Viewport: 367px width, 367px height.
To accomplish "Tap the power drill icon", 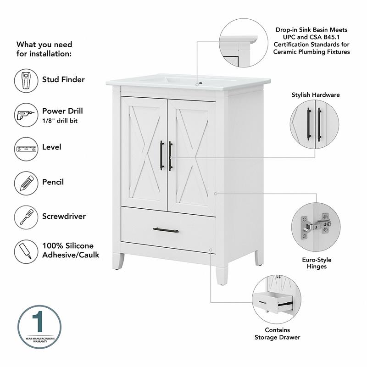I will (x=26, y=115).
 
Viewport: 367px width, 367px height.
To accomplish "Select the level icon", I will (x=26, y=149).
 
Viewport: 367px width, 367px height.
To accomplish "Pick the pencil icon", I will (x=26, y=183).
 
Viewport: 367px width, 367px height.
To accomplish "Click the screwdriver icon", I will (x=26, y=217).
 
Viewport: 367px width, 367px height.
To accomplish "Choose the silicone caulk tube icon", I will (x=26, y=250).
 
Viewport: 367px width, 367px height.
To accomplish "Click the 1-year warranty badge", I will (x=39, y=326).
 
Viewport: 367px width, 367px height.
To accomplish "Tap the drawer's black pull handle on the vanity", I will (x=166, y=230).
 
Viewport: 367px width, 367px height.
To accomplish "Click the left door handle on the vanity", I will (x=161, y=156).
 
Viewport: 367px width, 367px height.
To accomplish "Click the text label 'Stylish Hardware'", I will (x=316, y=95).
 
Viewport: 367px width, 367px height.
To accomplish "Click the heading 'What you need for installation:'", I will (x=44, y=49).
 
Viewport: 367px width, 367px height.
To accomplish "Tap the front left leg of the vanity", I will (x=119, y=260).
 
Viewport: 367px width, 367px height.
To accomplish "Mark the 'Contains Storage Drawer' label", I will (x=278, y=334).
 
